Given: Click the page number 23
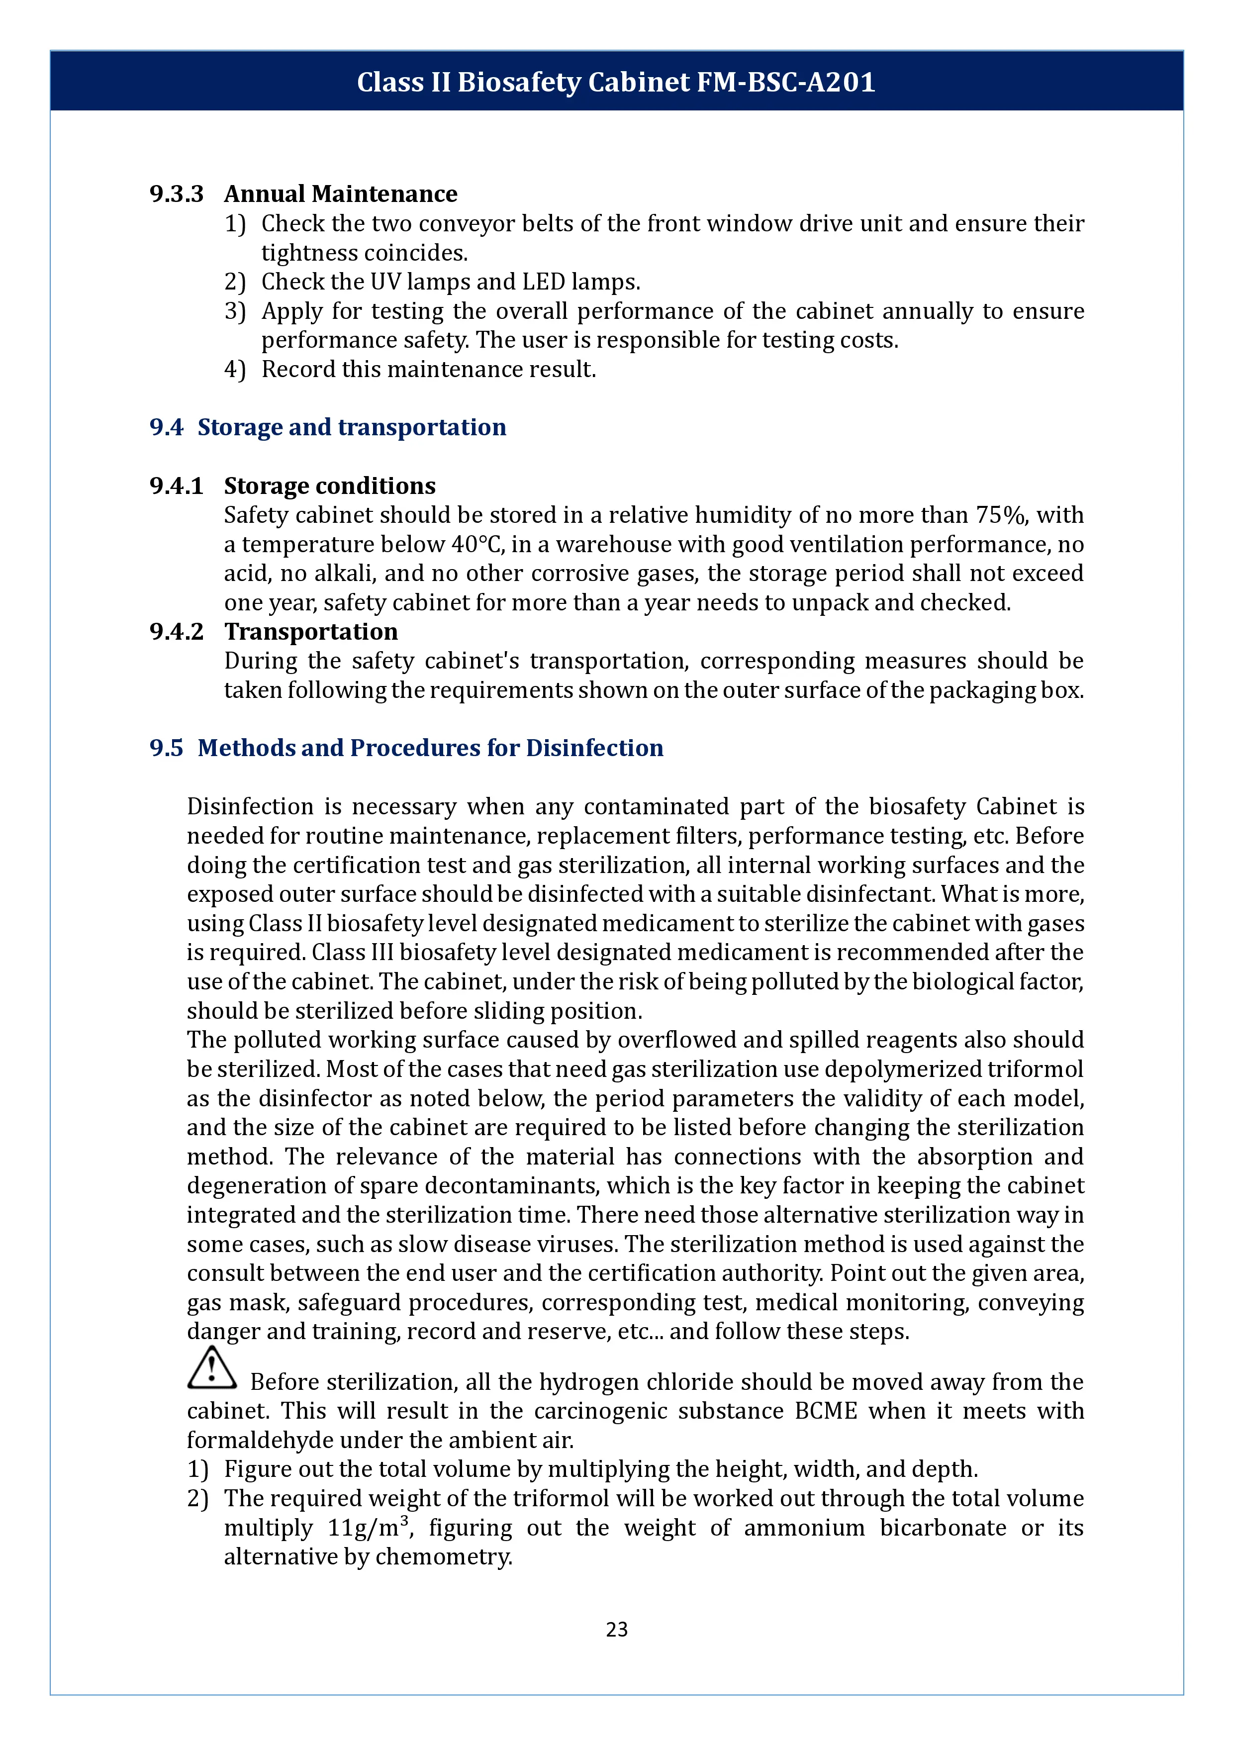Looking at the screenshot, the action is click(616, 1629).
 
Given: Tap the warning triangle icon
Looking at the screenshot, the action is click(211, 1368).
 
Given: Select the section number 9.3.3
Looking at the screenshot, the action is click(176, 194).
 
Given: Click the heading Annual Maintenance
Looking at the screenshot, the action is click(340, 194).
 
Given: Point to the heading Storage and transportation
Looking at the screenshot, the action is click(351, 427).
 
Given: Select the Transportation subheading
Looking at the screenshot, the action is click(311, 632).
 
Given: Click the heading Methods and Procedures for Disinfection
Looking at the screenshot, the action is click(430, 748).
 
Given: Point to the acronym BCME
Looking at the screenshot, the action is click(825, 1411).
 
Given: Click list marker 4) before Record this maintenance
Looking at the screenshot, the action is click(235, 370).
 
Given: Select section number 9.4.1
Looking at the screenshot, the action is click(176, 485).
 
